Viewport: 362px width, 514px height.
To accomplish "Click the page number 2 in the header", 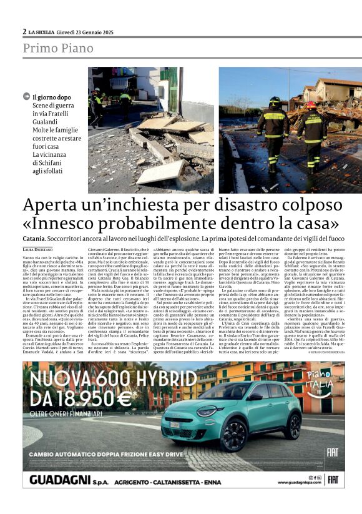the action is coord(25,31).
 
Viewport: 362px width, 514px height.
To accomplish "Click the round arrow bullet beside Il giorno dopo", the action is coord(26,97).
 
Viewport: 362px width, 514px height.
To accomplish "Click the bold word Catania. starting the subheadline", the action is coord(34,239).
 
